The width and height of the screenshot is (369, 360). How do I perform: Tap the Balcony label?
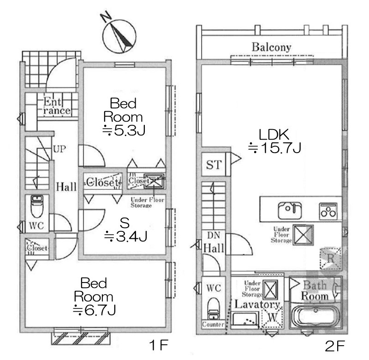pos(271,47)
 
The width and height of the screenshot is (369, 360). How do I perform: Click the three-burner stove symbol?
pos(329,211)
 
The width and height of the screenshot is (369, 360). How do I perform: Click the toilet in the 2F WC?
pos(214,309)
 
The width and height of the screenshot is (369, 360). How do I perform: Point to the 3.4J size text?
pos(125,236)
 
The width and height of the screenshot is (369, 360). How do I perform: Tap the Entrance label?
pos(56,106)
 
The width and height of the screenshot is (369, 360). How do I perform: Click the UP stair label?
pos(59,149)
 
